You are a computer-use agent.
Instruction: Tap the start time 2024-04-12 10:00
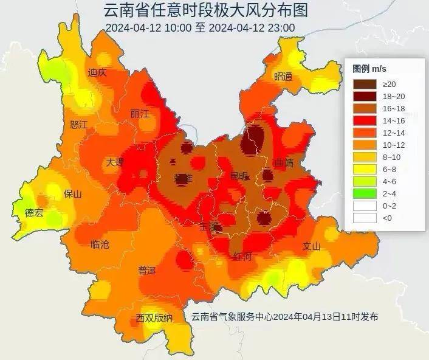148,28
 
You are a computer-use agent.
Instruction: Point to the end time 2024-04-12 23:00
252,28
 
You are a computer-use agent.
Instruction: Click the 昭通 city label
283,77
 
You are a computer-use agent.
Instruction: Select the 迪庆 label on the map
97,72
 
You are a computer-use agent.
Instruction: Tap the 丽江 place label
139,114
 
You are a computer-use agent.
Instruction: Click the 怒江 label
79,125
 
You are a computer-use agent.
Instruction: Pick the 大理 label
114,162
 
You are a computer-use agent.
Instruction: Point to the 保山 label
72,194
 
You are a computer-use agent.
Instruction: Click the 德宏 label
33,213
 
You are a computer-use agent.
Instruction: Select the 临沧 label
100,244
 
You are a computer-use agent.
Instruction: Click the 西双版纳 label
154,318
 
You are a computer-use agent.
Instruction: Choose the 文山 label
311,246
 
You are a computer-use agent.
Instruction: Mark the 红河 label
242,257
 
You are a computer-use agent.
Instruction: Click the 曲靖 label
283,163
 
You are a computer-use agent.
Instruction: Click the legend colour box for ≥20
365,83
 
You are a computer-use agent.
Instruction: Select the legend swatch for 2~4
365,193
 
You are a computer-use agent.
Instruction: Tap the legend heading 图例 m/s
370,67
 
